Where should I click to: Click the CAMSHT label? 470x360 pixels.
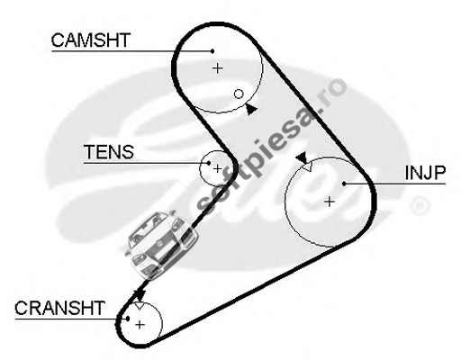coord(91,40)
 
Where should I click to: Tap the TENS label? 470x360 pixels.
coord(109,152)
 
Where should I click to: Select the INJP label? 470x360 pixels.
coord(425,173)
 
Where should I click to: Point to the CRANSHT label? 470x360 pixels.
coord(59,308)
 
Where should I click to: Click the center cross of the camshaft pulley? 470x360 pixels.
coord(218,68)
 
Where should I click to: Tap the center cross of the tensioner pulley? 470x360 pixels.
coord(217,168)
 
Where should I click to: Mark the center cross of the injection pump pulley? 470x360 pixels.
coord(330,202)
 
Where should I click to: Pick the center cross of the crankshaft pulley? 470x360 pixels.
coord(140,325)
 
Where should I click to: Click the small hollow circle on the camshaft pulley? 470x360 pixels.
coord(239,94)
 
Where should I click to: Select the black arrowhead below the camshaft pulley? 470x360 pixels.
coord(251,110)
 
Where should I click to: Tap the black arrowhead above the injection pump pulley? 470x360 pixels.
coord(302,157)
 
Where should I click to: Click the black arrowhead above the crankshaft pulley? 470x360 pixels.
coord(140,295)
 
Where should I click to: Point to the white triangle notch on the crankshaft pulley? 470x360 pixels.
coord(140,306)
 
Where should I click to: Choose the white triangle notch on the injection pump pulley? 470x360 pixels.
coord(307,166)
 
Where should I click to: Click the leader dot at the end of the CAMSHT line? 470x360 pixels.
coord(212,51)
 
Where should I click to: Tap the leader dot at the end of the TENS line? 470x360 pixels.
coord(209,163)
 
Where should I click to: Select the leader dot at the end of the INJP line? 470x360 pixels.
coord(344,184)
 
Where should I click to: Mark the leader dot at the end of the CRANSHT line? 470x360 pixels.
coord(128,319)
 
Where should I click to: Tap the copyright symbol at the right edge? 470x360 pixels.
coord(420,206)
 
